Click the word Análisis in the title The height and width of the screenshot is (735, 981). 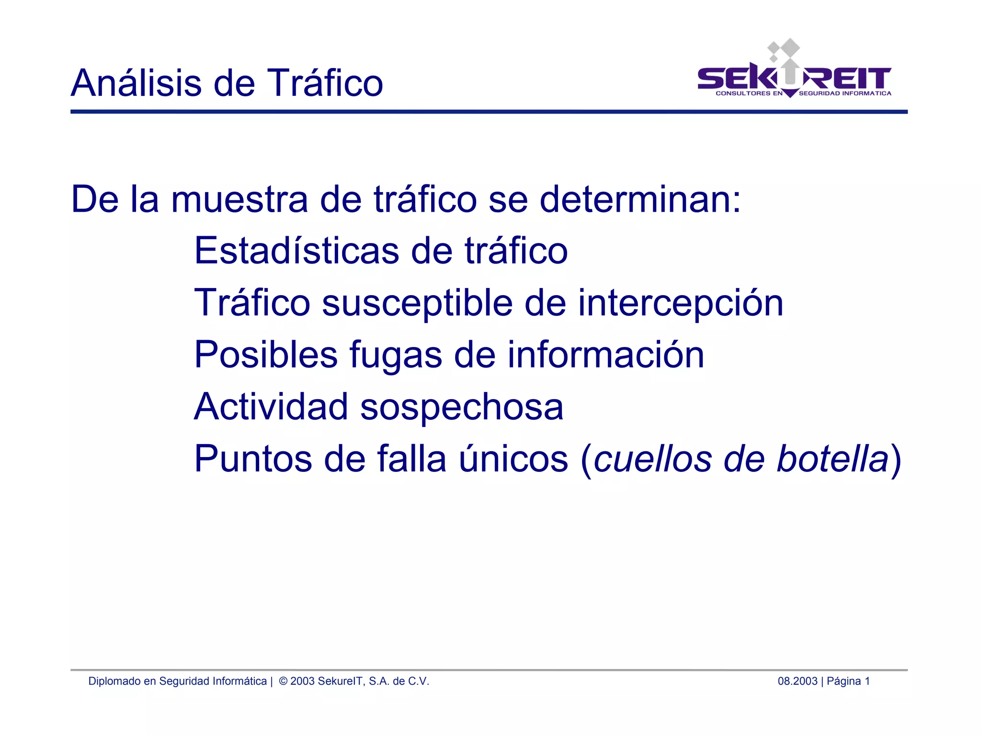tap(137, 83)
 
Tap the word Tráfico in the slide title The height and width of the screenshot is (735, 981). tap(325, 83)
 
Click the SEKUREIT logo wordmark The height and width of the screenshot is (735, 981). tap(794, 79)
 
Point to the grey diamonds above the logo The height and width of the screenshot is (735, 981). tap(784, 49)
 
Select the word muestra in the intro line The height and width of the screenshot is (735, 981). tap(240, 199)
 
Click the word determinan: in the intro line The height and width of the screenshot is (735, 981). tap(640, 199)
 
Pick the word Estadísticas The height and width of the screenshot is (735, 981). tap(297, 251)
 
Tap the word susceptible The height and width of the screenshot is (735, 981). tap(417, 303)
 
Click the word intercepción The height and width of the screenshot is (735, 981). tap(680, 303)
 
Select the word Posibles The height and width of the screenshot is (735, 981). tap(266, 355)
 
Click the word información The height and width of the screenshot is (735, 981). tap(605, 355)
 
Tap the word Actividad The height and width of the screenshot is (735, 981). tap(271, 406)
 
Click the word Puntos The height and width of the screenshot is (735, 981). tap(253, 459)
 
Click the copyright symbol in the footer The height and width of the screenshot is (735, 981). tap(283, 681)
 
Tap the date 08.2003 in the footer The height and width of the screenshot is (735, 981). tap(797, 681)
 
